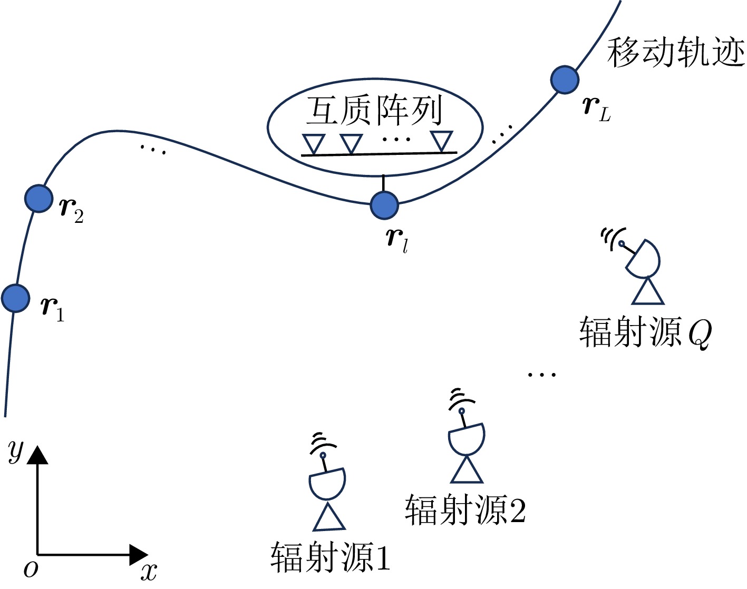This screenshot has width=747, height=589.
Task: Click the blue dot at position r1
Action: [15, 298]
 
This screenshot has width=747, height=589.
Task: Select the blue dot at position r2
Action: [38, 199]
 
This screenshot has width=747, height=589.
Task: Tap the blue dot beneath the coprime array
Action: [384, 205]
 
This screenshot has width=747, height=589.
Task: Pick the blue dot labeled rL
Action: [565, 80]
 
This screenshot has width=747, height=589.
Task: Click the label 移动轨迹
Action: [676, 53]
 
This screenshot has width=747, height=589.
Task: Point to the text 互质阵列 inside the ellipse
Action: [374, 111]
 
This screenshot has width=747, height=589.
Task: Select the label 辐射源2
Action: [465, 509]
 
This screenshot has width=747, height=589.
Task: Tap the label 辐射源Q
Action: [645, 332]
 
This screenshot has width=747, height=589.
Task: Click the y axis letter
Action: [16, 451]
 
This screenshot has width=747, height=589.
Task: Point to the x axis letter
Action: [149, 571]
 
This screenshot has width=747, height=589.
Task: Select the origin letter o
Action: [31, 568]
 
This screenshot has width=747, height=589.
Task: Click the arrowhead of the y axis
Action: [37, 455]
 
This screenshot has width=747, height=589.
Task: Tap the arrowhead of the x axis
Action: [138, 555]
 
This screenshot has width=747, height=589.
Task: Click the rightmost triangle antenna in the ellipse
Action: [441, 141]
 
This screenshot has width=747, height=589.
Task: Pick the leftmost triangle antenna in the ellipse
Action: [313, 143]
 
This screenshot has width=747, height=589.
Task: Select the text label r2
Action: [72, 210]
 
